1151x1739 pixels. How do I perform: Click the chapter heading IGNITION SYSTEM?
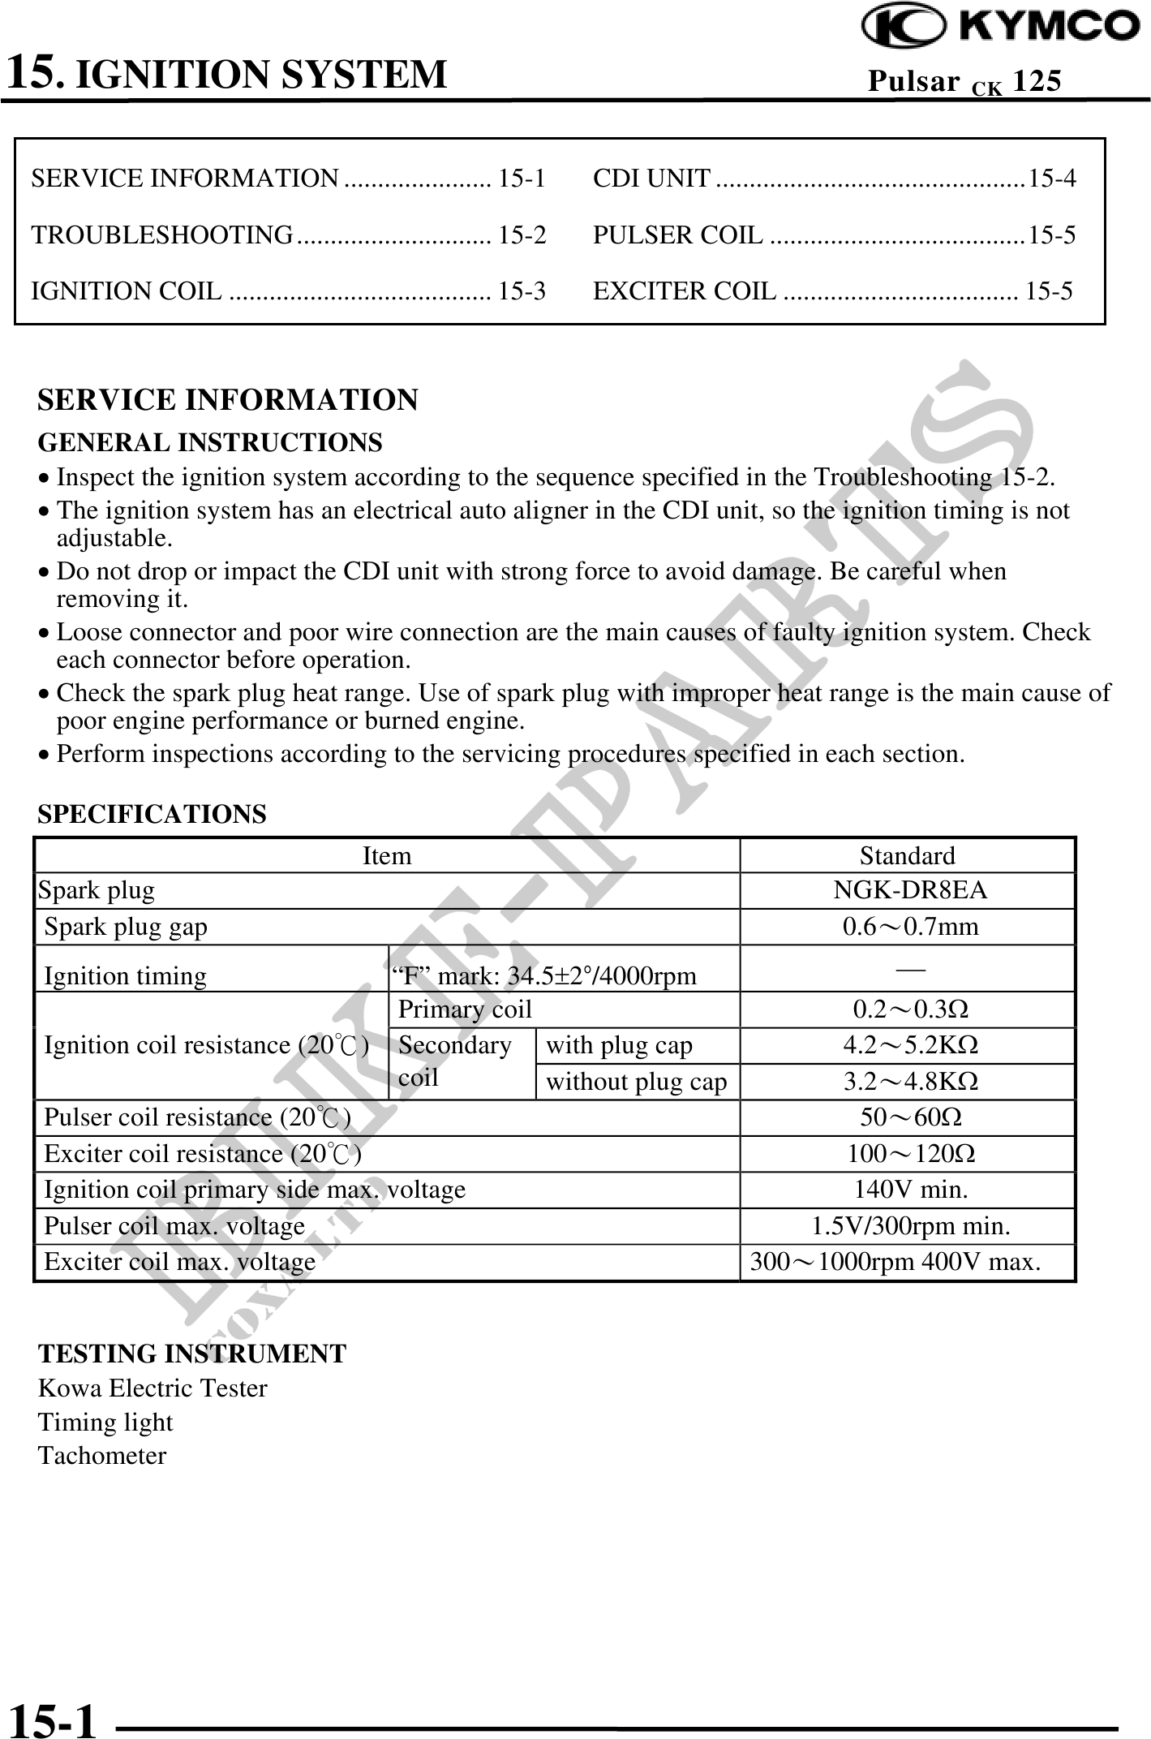pyautogui.click(x=265, y=74)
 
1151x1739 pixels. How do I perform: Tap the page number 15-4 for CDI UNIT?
pyautogui.click(x=1052, y=178)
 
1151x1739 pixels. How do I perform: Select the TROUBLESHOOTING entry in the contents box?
pyautogui.click(x=162, y=235)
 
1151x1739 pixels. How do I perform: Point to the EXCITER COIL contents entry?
pyautogui.click(x=685, y=291)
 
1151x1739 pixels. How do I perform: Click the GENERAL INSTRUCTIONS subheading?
pyautogui.click(x=210, y=443)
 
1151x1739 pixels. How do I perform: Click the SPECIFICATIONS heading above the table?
pyautogui.click(x=152, y=814)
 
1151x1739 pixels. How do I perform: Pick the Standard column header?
pyautogui.click(x=907, y=855)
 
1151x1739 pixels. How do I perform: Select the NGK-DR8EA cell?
pyautogui.click(x=910, y=890)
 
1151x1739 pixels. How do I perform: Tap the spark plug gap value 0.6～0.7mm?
pyautogui.click(x=910, y=926)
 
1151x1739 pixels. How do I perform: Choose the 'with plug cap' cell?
pyautogui.click(x=619, y=1045)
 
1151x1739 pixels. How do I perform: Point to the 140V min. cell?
pyautogui.click(x=910, y=1190)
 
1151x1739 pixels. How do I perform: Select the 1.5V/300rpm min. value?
pyautogui.click(x=910, y=1225)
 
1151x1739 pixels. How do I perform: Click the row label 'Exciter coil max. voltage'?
pyautogui.click(x=179, y=1262)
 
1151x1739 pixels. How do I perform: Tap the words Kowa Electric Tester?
pyautogui.click(x=152, y=1388)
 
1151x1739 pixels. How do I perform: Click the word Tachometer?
pyautogui.click(x=102, y=1456)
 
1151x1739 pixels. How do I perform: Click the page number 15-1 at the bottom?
pyautogui.click(x=51, y=1716)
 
